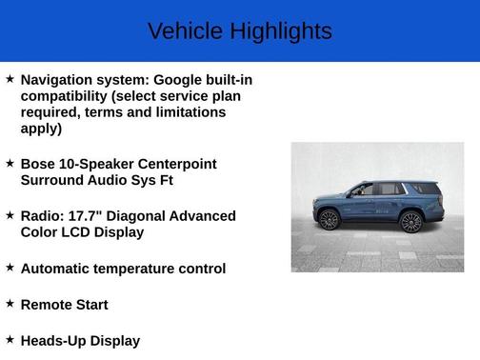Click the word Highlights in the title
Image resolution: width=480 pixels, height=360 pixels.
pos(282,31)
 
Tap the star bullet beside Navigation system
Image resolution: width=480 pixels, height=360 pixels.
pos(10,79)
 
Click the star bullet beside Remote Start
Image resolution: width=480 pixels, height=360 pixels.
pos(10,304)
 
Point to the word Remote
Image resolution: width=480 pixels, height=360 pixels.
pos(48,305)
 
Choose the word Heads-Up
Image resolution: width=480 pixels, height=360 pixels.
pos(53,341)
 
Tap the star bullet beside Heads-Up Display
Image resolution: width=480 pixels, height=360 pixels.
pos(10,339)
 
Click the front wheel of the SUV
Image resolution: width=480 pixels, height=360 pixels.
pos(330,221)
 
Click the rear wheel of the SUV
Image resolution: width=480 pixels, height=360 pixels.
pos(410,222)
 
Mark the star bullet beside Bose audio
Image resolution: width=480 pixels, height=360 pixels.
pos(10,163)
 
